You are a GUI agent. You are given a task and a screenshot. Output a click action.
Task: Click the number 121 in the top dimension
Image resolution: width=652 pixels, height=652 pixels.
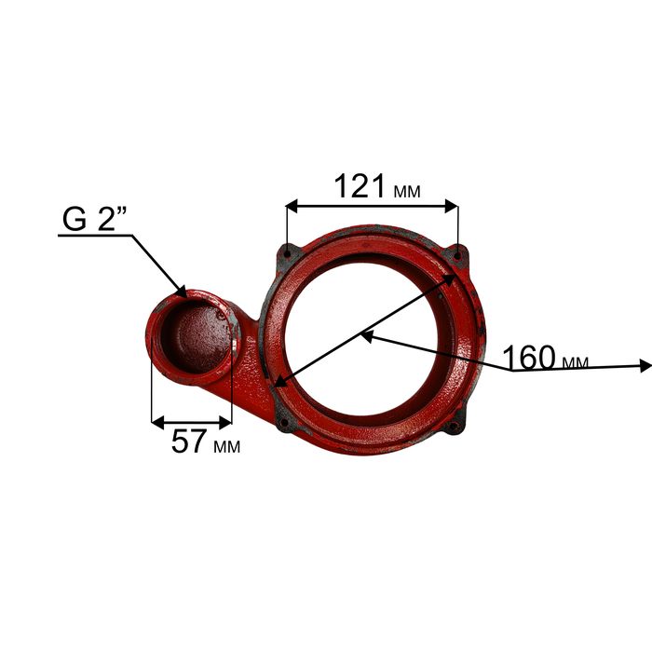click(360, 186)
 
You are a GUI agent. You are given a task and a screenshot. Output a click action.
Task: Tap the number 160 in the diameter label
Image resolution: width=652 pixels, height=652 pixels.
click(529, 357)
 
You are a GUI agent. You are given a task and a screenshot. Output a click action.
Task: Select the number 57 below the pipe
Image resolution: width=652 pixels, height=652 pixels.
click(189, 441)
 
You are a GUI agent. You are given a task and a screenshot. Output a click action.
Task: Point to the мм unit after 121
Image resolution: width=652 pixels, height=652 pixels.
click(407, 191)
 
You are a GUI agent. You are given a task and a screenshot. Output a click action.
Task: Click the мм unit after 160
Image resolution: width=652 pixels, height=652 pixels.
click(575, 362)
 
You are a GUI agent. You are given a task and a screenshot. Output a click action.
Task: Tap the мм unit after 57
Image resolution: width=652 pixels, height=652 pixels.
click(227, 446)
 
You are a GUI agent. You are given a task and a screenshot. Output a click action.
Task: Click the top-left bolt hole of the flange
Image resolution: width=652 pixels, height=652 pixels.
click(288, 252)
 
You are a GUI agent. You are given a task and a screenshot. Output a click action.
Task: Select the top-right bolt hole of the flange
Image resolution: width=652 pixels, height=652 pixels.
click(457, 256)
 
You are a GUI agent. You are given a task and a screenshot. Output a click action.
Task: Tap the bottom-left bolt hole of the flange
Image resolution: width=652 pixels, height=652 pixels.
click(284, 423)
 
